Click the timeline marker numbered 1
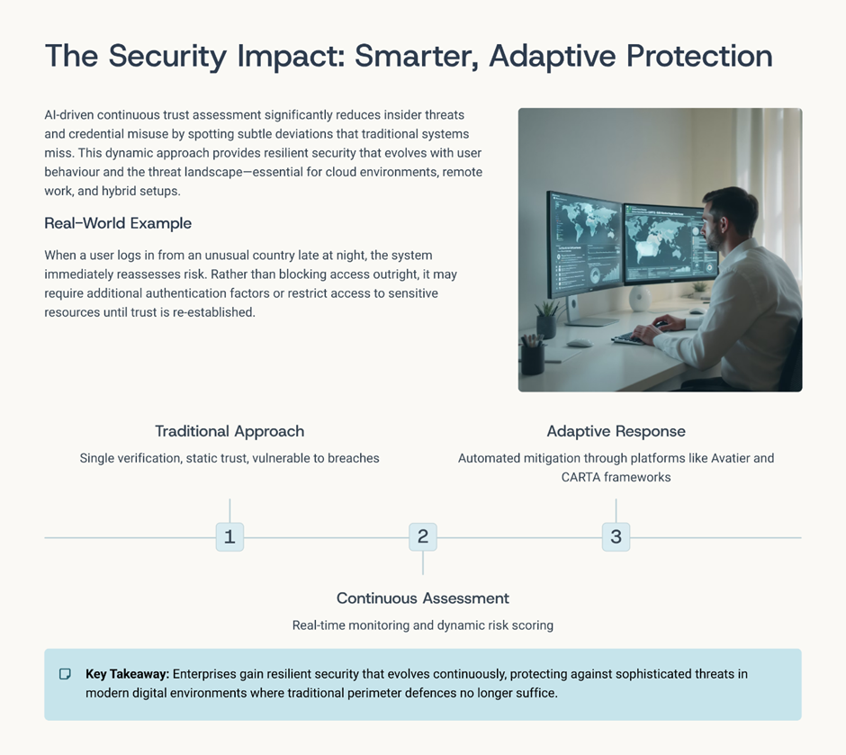pyautogui.click(x=229, y=536)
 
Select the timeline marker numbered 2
pyautogui.click(x=423, y=536)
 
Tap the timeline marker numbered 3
pyautogui.click(x=616, y=536)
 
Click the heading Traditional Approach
pyautogui.click(x=229, y=431)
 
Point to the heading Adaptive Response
pyautogui.click(x=616, y=431)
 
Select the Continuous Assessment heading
pyautogui.click(x=423, y=598)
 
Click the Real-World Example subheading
pyautogui.click(x=118, y=223)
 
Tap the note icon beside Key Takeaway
pyautogui.click(x=65, y=674)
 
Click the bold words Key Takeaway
pyautogui.click(x=127, y=674)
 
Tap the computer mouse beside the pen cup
pyautogui.click(x=579, y=343)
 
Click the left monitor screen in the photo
pyautogui.click(x=585, y=243)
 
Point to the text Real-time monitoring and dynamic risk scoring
pyautogui.click(x=423, y=625)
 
